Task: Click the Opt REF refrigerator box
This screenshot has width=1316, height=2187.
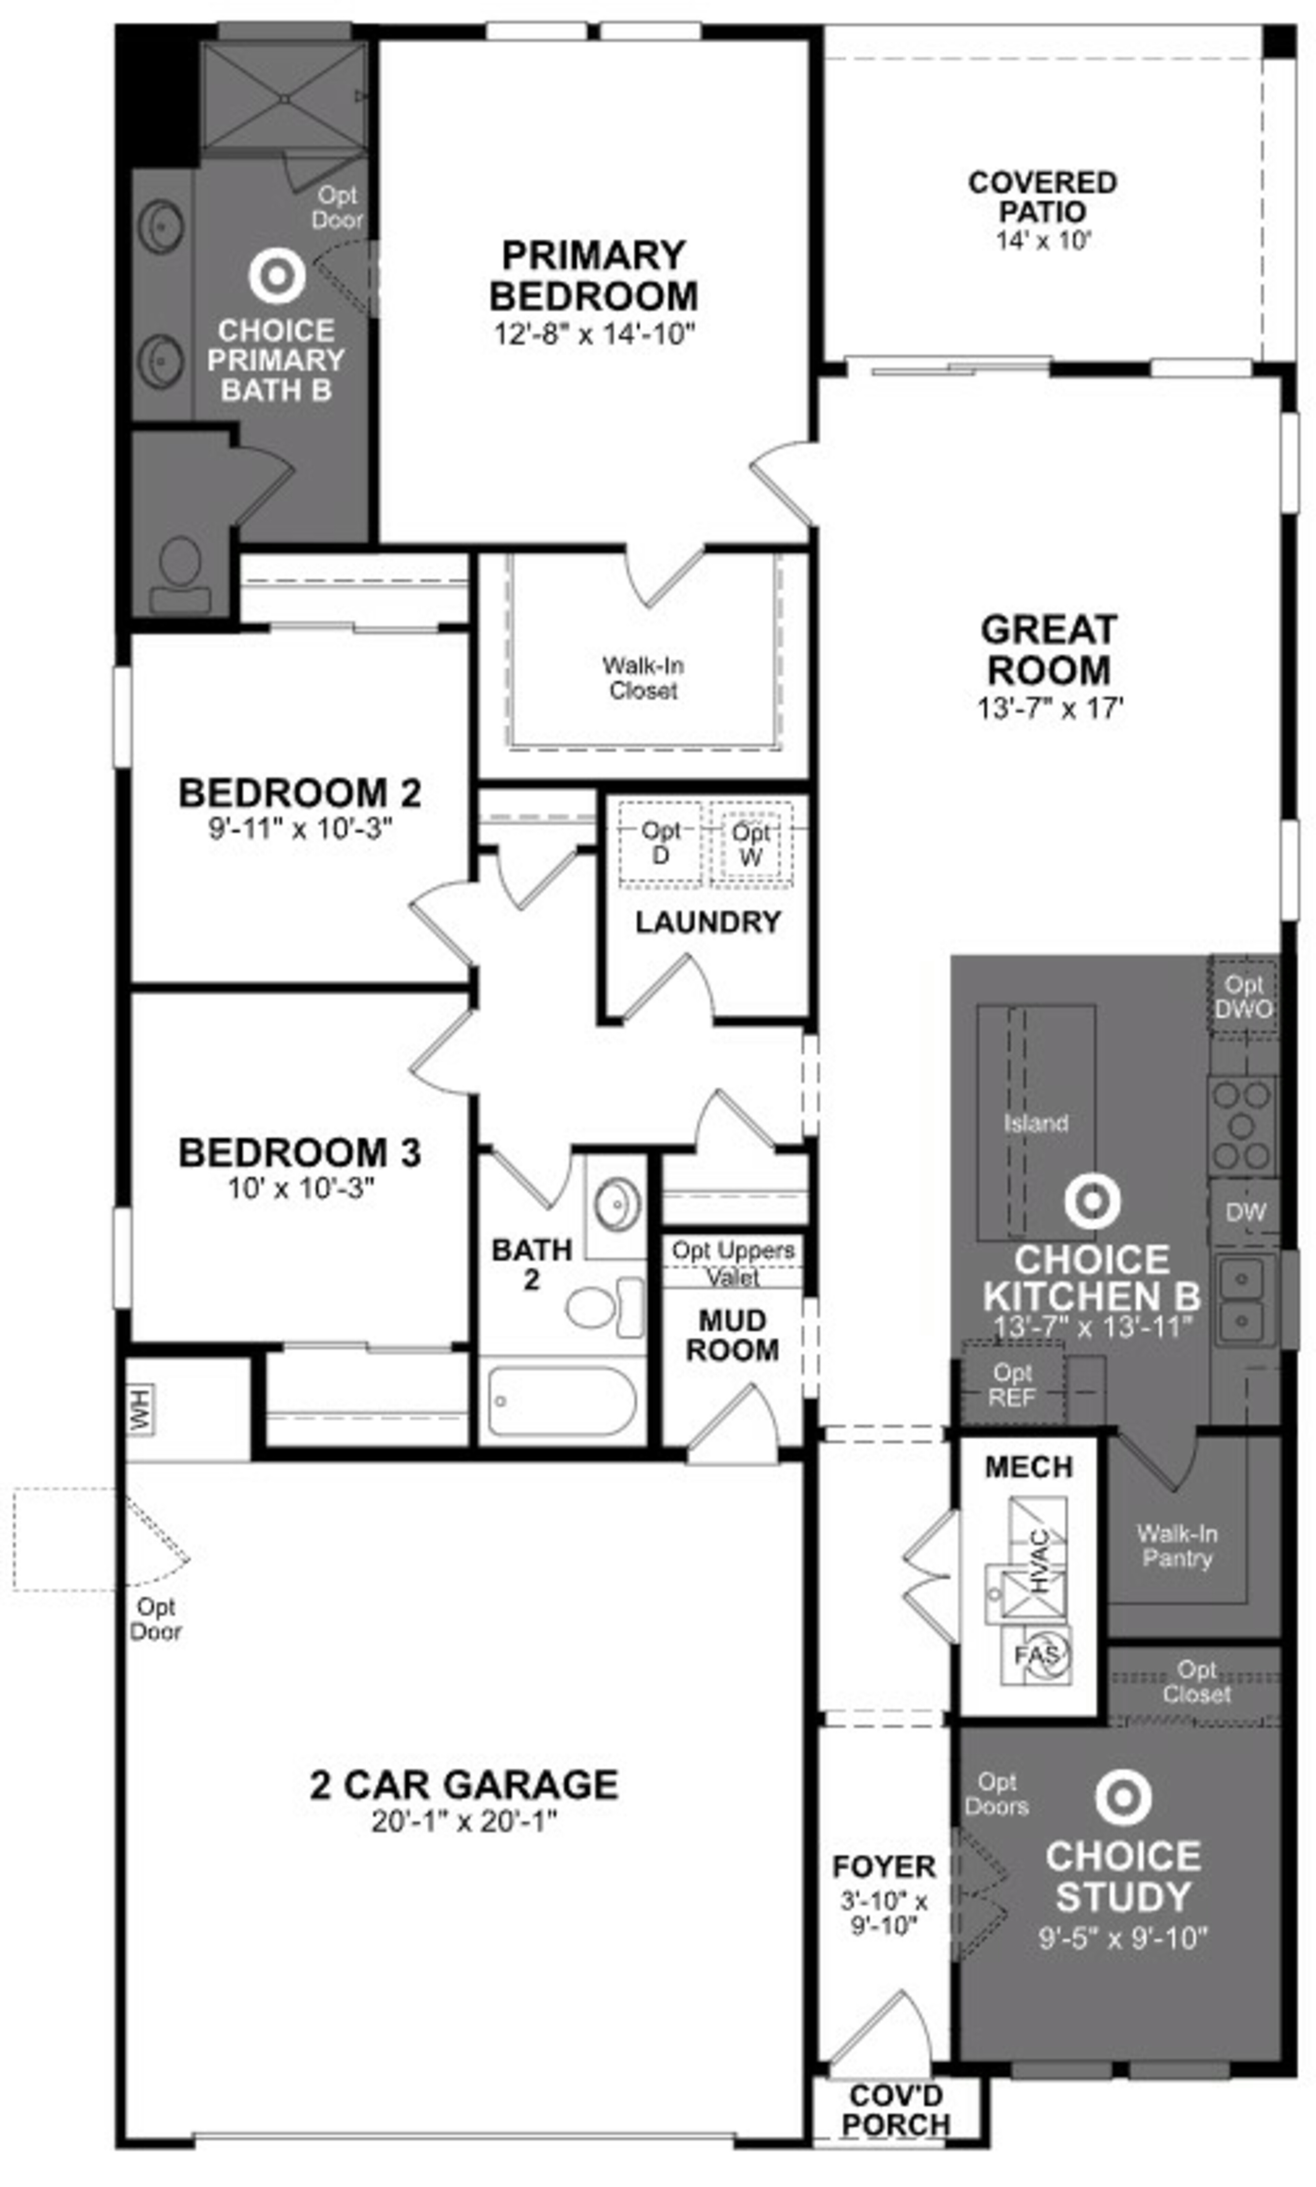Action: coord(1013,1385)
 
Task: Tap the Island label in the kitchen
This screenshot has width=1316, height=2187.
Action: coord(1036,1123)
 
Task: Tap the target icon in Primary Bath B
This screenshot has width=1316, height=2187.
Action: coord(277,276)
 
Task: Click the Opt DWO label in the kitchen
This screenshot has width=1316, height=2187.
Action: coord(1243,997)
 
